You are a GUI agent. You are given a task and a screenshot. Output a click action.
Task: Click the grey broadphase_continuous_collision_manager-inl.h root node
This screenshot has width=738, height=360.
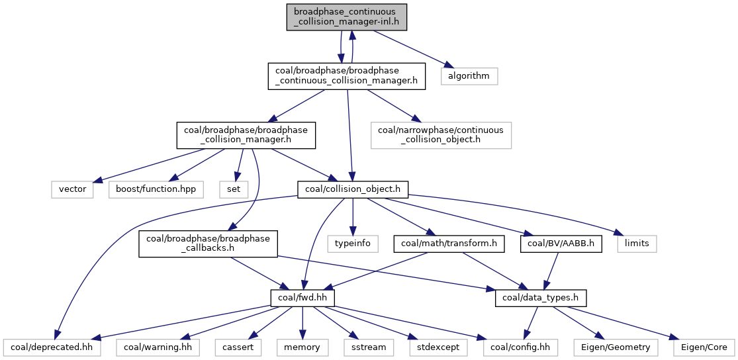(x=346, y=17)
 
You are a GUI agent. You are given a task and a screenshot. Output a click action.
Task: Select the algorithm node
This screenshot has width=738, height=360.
(x=469, y=75)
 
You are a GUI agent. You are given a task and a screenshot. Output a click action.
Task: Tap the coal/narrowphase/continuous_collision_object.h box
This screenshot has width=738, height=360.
(x=441, y=135)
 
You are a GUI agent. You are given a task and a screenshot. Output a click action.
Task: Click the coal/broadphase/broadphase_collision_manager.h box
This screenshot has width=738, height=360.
(x=246, y=135)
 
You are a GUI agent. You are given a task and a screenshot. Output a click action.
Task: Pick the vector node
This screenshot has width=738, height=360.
(x=73, y=189)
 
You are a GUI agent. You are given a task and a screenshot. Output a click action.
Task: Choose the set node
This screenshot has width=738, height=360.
(x=234, y=189)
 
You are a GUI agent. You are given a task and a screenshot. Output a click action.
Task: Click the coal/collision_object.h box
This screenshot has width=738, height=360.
(x=352, y=189)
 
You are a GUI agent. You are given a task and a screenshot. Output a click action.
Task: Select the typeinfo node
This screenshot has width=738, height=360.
(x=352, y=244)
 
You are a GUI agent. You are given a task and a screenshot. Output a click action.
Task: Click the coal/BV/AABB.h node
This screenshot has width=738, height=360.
(x=561, y=244)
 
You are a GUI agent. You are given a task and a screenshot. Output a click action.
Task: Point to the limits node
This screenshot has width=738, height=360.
(x=637, y=244)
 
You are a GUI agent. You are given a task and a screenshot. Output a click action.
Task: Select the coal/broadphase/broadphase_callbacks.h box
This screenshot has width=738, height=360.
(x=208, y=244)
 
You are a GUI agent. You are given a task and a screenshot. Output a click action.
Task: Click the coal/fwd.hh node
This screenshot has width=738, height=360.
(x=302, y=298)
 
